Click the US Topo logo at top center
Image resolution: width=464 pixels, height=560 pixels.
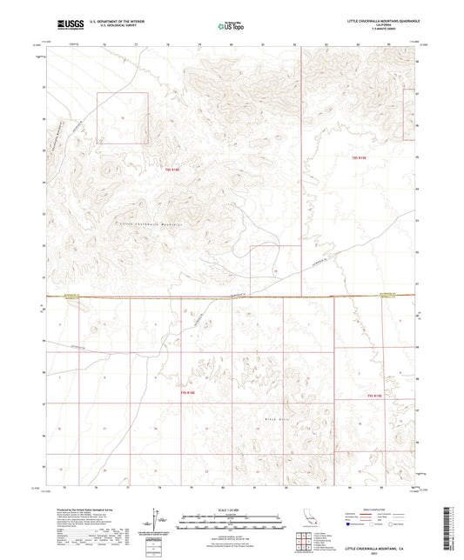coord(230,26)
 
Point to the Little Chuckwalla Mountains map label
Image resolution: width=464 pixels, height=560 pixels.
coord(144,223)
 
